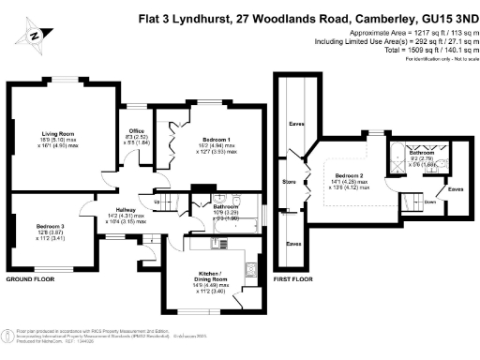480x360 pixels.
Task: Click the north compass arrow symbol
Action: click(x=34, y=36)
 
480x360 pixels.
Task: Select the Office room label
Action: click(x=136, y=131)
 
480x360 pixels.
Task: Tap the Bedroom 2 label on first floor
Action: click(x=349, y=175)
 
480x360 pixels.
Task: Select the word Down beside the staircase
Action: click(x=428, y=202)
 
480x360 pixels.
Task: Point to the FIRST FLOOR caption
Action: click(x=292, y=278)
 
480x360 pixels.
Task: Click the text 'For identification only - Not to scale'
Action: click(x=437, y=59)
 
